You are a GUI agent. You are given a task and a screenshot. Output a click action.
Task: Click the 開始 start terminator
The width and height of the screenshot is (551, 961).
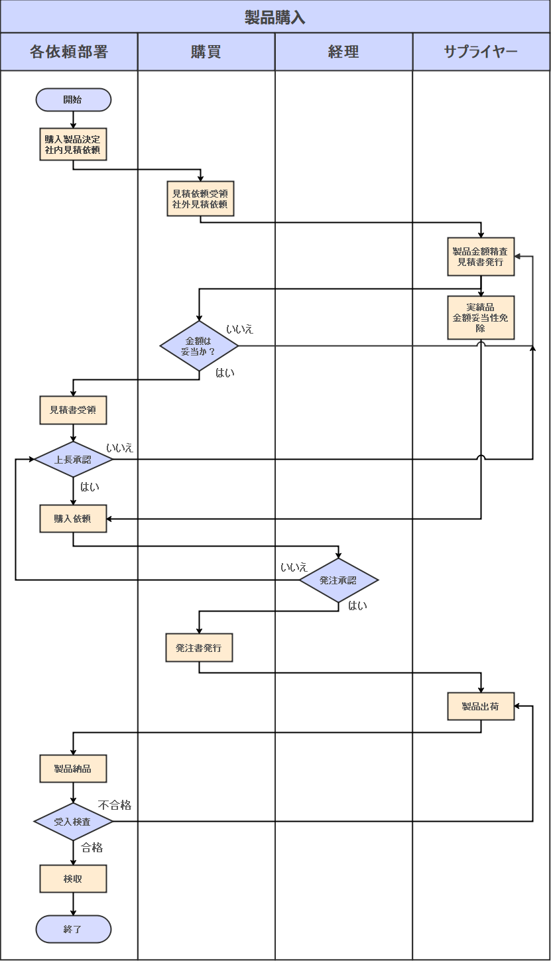click(x=73, y=100)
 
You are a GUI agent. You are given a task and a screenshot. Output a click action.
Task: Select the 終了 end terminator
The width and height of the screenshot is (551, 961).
click(x=73, y=929)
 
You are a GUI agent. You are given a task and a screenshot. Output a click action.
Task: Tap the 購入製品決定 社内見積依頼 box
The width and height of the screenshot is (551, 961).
click(x=73, y=145)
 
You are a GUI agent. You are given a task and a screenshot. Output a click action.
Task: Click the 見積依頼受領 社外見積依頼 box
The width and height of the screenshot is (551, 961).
click(x=200, y=198)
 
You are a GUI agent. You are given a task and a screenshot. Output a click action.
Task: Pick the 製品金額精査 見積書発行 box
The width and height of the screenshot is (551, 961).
click(x=481, y=257)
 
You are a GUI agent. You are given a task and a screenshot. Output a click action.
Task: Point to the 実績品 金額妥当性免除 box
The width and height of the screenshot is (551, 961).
click(x=481, y=318)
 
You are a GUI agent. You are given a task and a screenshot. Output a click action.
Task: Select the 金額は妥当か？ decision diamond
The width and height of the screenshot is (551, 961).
click(x=200, y=346)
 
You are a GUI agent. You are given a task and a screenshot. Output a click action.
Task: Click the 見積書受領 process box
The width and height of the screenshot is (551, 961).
click(x=73, y=410)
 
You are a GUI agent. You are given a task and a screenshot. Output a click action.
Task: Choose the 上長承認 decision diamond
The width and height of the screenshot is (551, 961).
click(x=73, y=459)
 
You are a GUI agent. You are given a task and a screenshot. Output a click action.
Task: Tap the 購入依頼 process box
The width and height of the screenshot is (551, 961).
click(x=73, y=519)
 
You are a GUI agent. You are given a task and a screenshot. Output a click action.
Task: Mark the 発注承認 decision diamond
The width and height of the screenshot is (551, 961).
click(x=338, y=580)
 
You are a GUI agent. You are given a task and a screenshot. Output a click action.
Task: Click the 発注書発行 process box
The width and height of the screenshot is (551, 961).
click(x=199, y=647)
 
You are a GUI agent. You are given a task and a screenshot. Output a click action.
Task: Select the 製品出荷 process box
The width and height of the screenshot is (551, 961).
click(x=481, y=706)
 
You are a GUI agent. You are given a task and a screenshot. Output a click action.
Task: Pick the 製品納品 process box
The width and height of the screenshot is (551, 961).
click(x=73, y=769)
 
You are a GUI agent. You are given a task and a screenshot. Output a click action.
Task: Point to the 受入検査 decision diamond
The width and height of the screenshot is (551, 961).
click(x=73, y=822)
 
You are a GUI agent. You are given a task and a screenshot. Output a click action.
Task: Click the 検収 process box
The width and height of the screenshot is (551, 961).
click(x=73, y=879)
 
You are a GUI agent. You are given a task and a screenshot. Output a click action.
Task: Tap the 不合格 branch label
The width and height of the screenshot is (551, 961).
click(x=115, y=805)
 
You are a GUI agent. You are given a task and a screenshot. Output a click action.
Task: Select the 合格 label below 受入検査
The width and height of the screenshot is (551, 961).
click(x=92, y=848)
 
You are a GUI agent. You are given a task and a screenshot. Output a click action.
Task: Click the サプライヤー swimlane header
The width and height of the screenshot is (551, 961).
click(x=481, y=52)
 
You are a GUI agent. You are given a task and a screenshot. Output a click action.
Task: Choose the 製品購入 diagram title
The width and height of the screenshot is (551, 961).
click(x=275, y=17)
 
